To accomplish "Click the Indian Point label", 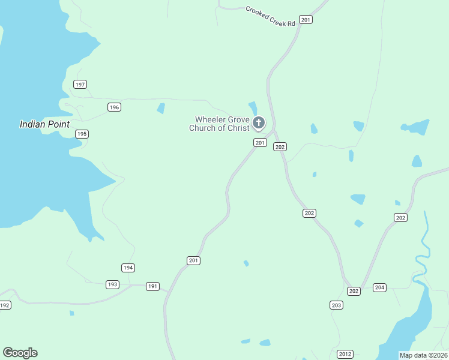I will pyautogui.click(x=44, y=124).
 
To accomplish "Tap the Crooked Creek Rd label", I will pyautogui.click(x=271, y=16).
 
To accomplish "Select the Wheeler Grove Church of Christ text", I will pyautogui.click(x=219, y=124).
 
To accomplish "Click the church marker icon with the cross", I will pyautogui.click(x=259, y=123).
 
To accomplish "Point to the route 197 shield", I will pyautogui.click(x=80, y=84).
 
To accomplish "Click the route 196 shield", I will pyautogui.click(x=115, y=107).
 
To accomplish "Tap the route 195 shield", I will pyautogui.click(x=82, y=134).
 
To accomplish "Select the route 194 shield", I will pyautogui.click(x=128, y=268).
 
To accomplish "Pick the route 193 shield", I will pyautogui.click(x=112, y=284).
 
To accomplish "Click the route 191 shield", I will pyautogui.click(x=152, y=286).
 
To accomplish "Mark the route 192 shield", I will pyautogui.click(x=5, y=305).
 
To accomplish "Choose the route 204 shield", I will pyautogui.click(x=379, y=287).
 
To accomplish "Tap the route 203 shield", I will pyautogui.click(x=336, y=305).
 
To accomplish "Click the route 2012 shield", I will pyautogui.click(x=345, y=354).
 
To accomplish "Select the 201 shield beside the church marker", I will pyautogui.click(x=260, y=142).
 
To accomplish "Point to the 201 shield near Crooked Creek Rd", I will pyautogui.click(x=306, y=20).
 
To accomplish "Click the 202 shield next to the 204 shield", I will pyautogui.click(x=354, y=291).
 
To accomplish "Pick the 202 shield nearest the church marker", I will pyautogui.click(x=280, y=146).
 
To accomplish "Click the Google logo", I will pyautogui.click(x=20, y=353).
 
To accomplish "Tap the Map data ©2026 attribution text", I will pyautogui.click(x=423, y=355).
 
